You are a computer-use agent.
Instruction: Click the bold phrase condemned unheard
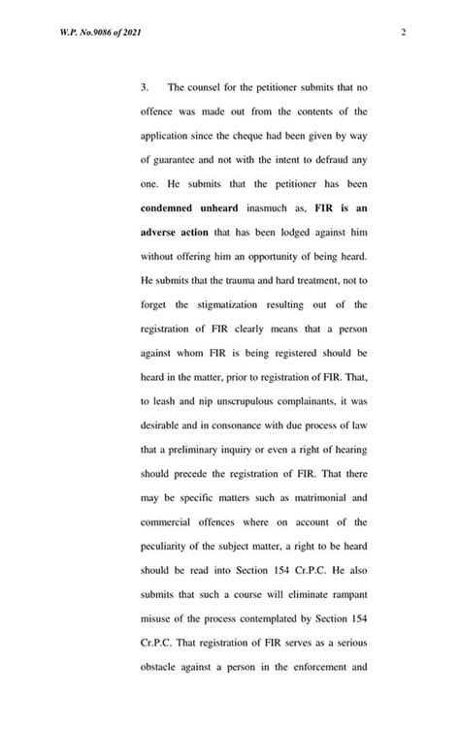pyautogui.click(x=181, y=214)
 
